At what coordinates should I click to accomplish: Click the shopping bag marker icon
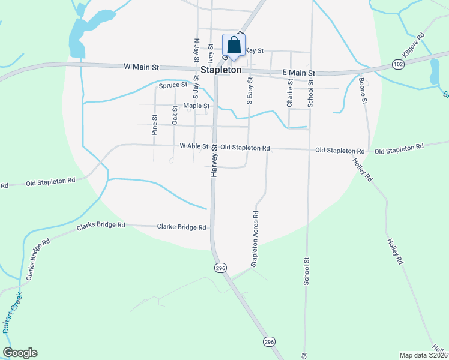[234, 45]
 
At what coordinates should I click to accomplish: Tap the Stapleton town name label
[221, 70]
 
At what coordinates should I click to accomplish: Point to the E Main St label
[298, 73]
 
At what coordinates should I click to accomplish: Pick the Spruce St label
[173, 86]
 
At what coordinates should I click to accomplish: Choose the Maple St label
[196, 106]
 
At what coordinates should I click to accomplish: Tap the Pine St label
[154, 124]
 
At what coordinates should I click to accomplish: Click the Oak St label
[175, 115]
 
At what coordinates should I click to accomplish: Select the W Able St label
[194, 146]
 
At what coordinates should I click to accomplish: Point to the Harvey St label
[214, 160]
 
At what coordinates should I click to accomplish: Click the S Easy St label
[250, 90]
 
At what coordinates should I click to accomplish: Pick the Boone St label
[363, 90]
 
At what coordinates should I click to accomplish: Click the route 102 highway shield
[397, 64]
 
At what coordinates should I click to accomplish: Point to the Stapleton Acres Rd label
[255, 238]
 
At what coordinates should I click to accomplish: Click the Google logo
[20, 353]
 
